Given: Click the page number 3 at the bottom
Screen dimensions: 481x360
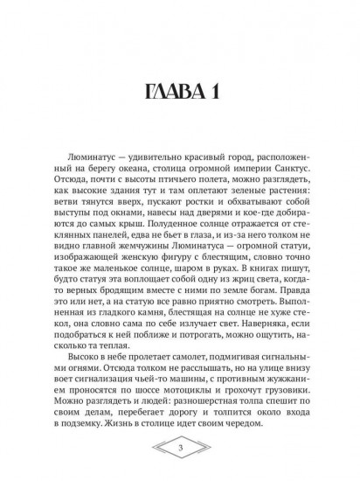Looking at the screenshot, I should tap(180, 450).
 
